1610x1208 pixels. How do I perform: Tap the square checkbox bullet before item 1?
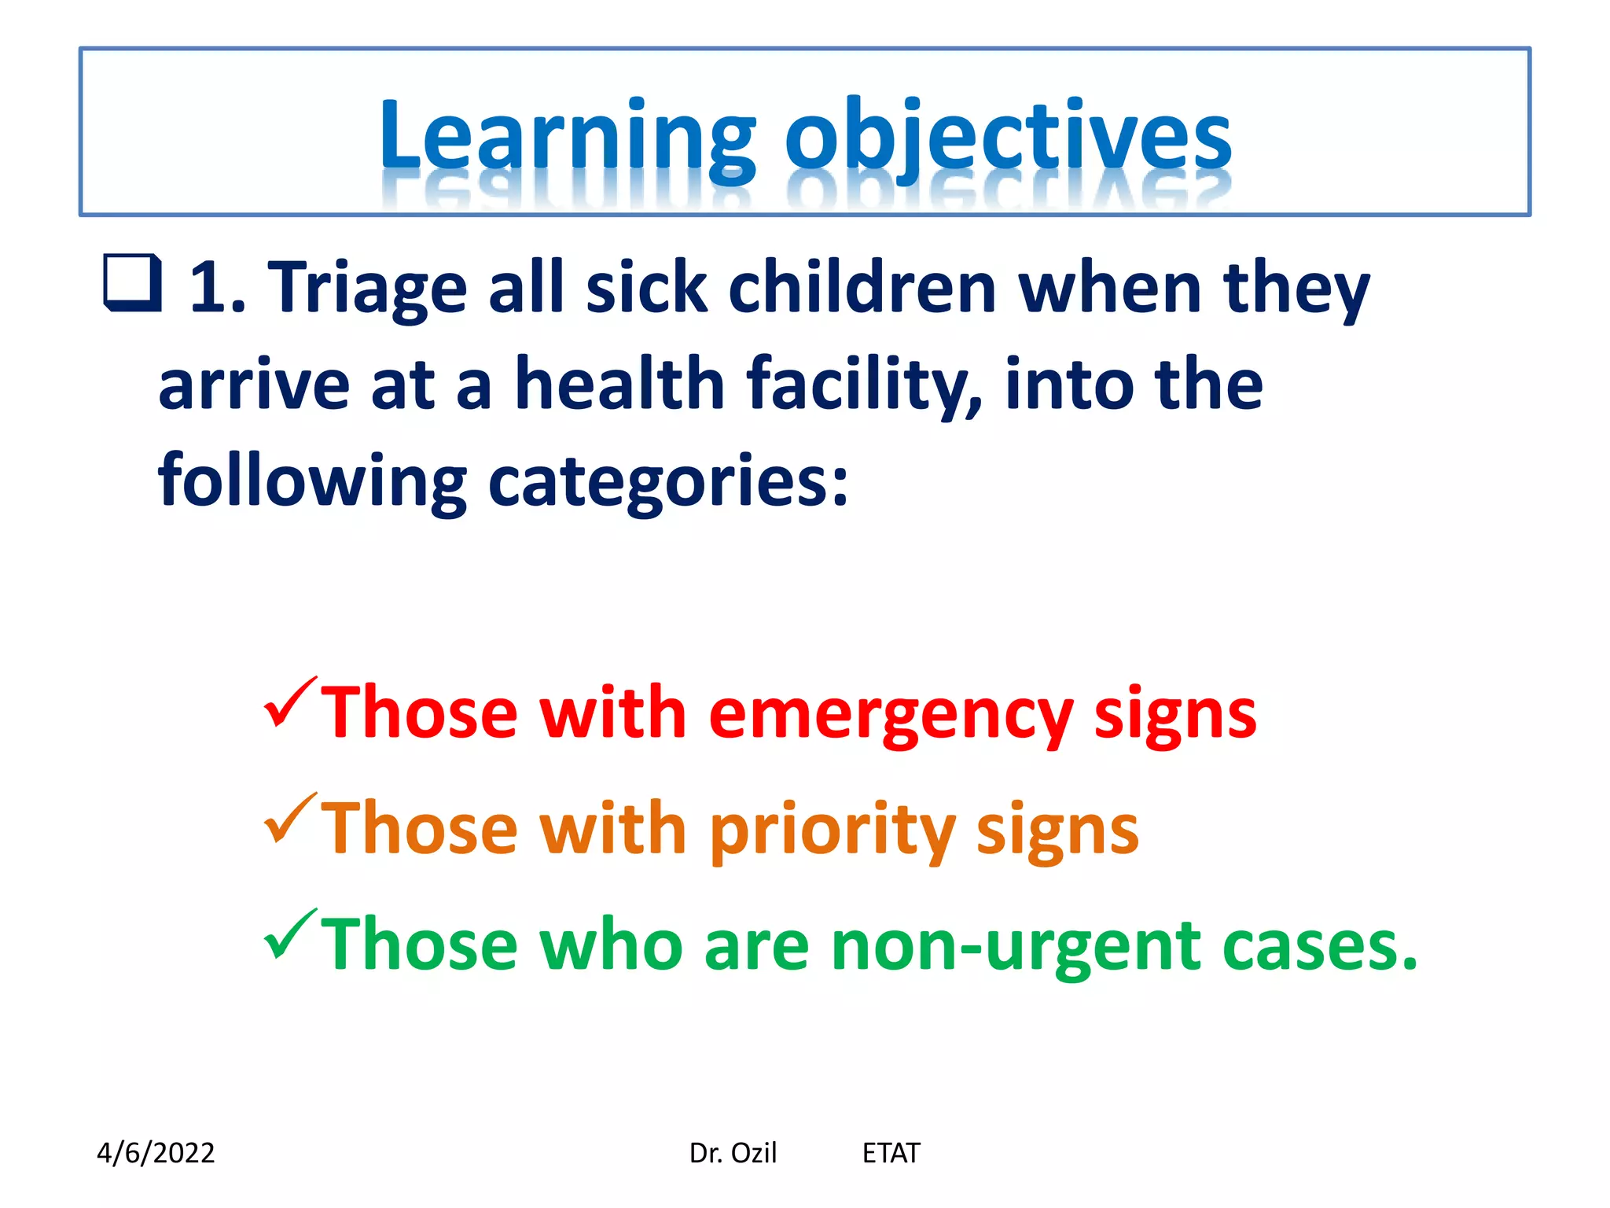coord(132,283)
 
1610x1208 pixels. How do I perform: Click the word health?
coord(619,385)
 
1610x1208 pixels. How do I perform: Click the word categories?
coord(668,481)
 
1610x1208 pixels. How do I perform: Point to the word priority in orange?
coord(832,830)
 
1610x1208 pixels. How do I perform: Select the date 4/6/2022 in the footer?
coord(156,1153)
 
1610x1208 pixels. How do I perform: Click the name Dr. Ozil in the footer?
coord(732,1153)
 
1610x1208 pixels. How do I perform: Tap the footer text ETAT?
coord(891,1153)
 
